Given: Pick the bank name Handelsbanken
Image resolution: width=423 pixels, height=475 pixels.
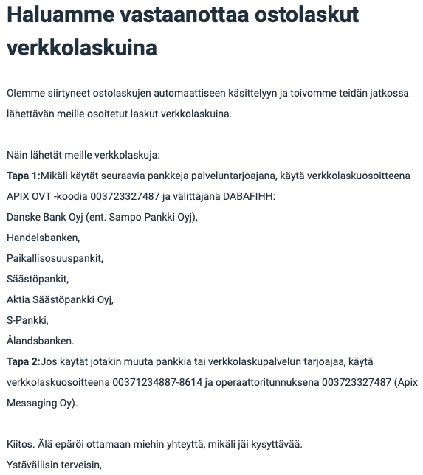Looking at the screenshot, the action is click(43, 238).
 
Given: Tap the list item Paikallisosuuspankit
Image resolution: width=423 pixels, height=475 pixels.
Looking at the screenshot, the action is click(55, 259).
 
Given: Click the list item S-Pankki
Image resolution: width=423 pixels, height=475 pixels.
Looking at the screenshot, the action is click(27, 321).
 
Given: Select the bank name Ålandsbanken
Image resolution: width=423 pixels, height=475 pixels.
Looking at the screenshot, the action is click(41, 341).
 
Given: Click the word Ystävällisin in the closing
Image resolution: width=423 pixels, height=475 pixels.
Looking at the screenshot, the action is click(32, 465).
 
